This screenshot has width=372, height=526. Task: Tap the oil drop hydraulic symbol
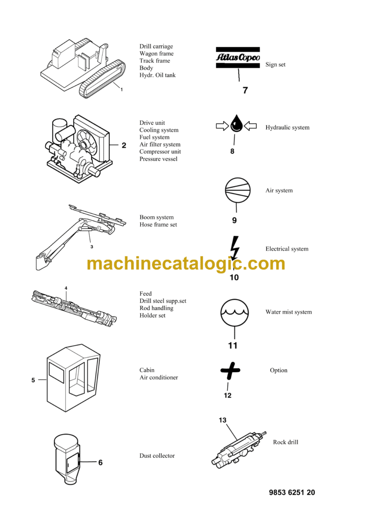236,124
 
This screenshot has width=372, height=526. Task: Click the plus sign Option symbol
230,371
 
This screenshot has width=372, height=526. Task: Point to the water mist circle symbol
234,313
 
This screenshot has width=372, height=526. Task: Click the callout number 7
245,90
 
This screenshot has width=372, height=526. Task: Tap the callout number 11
233,346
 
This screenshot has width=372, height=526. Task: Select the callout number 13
222,420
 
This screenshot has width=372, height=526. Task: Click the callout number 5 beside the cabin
33,380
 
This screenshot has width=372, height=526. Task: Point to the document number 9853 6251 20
292,493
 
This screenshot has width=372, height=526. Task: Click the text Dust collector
157,456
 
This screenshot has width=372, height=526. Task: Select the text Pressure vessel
158,159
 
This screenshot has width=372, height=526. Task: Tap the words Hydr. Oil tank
157,75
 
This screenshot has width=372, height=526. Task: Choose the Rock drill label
286,442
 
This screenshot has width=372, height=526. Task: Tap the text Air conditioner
158,377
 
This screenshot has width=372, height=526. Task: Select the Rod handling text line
156,308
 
